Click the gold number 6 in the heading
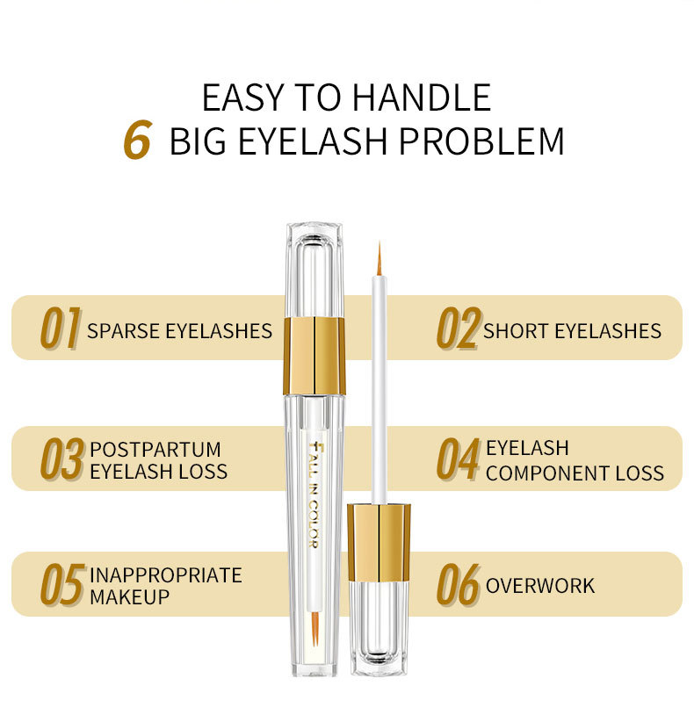coord(138,141)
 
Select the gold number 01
coord(61,329)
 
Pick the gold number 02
coord(458,329)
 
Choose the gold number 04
coord(459,460)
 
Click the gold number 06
coord(459,586)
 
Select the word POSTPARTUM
coord(155,450)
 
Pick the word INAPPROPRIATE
coord(165,575)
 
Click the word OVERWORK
coord(540,586)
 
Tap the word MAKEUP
coord(130,596)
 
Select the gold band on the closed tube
coord(314,356)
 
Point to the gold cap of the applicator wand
coord(379,542)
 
